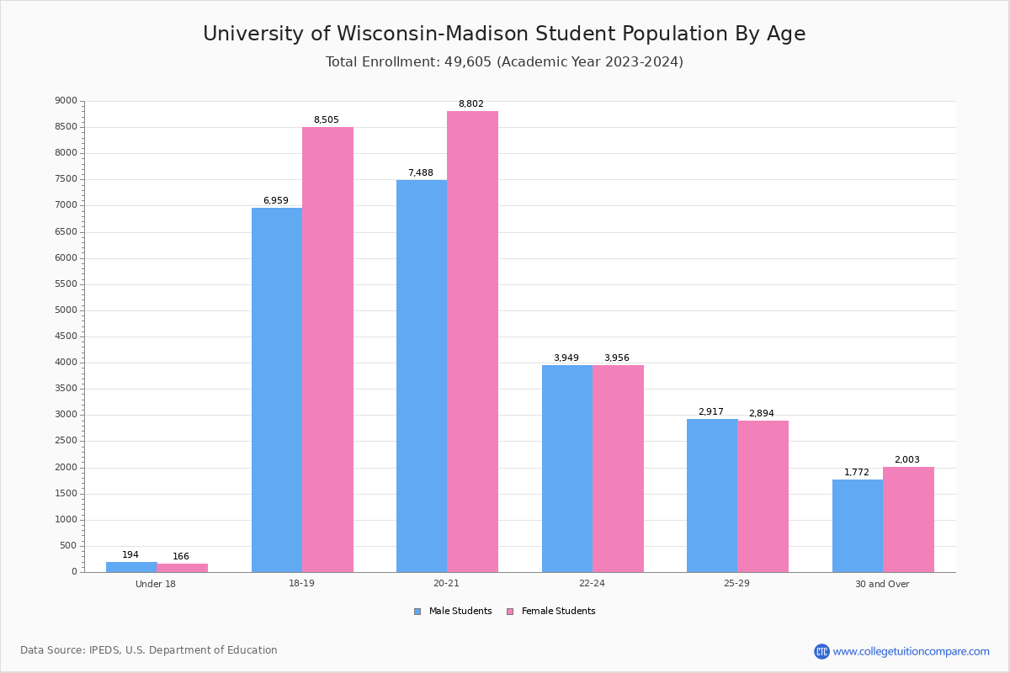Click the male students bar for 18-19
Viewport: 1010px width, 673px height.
coord(277,389)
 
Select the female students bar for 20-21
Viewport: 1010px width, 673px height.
coord(472,341)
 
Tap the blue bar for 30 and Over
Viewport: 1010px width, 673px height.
coord(857,526)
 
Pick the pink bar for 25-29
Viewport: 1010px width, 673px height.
coord(763,496)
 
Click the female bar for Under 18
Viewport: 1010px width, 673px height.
coord(182,568)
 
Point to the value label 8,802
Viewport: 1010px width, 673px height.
coord(470,104)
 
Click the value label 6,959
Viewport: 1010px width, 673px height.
coord(275,201)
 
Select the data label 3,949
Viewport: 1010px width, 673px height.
coord(566,358)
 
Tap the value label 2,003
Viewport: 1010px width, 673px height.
coord(906,460)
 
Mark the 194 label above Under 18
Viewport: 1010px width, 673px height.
coord(130,555)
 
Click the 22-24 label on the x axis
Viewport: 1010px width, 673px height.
coord(592,584)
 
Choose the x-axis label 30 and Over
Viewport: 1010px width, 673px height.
coord(882,584)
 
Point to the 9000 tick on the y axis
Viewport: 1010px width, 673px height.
coord(66,101)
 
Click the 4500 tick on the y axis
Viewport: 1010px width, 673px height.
coord(66,336)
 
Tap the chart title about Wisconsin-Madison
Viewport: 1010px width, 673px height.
coord(504,34)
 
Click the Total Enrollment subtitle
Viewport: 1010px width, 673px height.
coord(504,62)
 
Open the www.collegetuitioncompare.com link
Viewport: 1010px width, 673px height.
coord(911,651)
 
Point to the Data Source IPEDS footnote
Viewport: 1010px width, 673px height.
coord(149,650)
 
